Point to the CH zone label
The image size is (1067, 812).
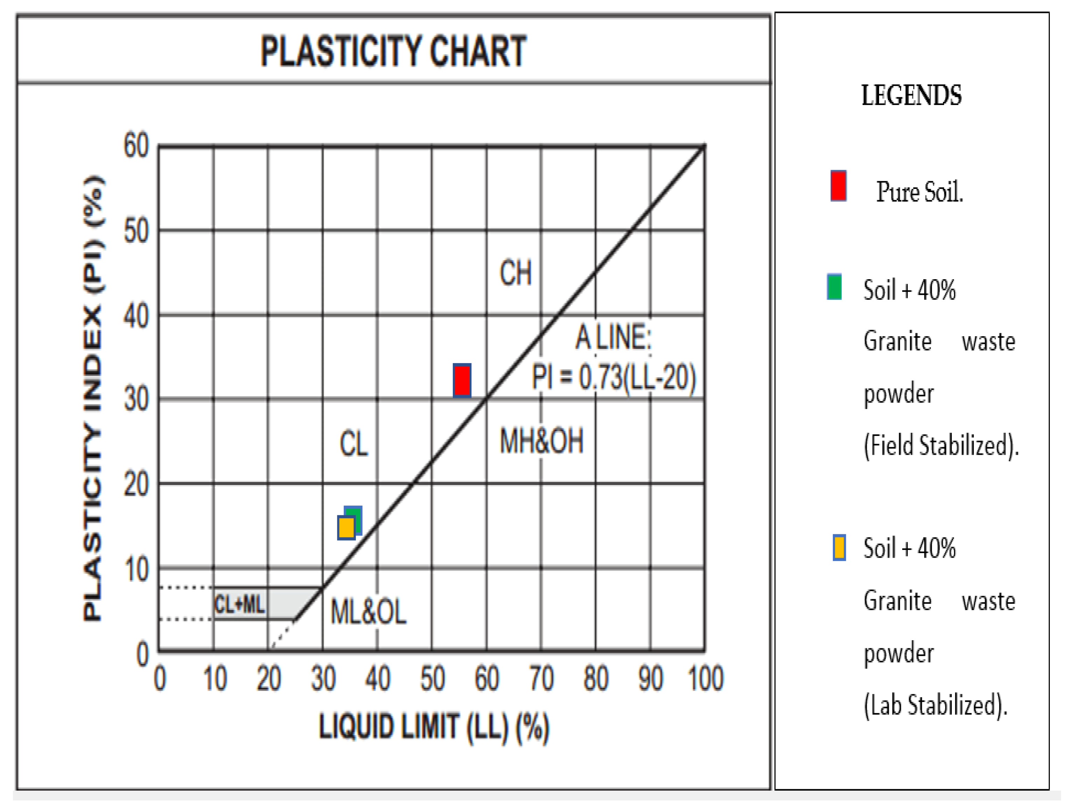(515, 273)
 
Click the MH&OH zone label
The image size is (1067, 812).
(541, 441)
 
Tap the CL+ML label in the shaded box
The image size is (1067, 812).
(239, 604)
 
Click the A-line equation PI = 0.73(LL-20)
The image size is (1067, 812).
(613, 377)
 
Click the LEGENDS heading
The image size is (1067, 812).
(911, 95)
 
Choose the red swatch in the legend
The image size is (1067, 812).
(838, 186)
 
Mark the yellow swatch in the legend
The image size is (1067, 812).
(839, 548)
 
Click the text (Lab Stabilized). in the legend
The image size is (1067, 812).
(935, 705)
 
